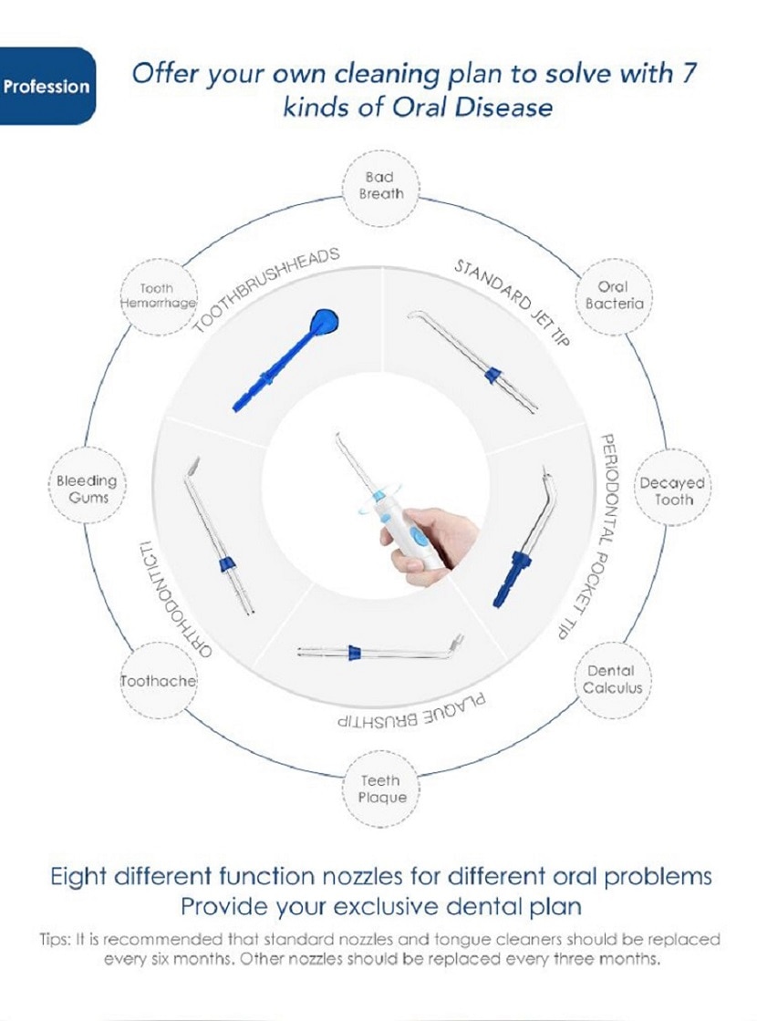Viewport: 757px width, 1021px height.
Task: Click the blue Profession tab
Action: click(47, 86)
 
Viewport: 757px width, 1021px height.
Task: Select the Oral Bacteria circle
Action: click(613, 295)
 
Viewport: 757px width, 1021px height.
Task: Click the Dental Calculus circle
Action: click(612, 679)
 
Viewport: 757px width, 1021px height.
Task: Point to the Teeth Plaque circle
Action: click(382, 789)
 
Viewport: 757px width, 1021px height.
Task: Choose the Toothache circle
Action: click(159, 681)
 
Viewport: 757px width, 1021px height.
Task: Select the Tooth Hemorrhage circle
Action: click(159, 296)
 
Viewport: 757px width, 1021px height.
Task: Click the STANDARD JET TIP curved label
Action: click(513, 302)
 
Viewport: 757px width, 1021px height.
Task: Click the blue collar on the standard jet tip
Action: click(494, 375)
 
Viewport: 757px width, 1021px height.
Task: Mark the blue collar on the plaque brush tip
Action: click(355, 653)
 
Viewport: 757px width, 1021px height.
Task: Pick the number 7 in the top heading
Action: click(689, 73)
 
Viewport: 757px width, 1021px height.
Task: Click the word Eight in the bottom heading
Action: click(78, 876)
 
